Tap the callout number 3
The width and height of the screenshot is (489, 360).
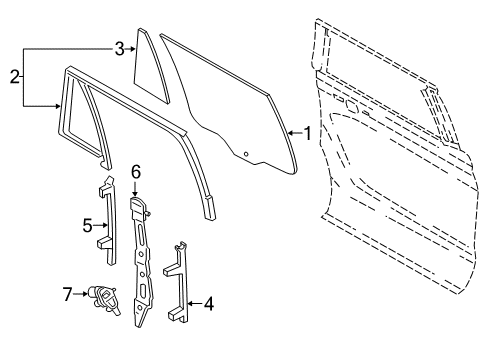(118, 48)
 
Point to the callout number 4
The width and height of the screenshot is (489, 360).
(209, 302)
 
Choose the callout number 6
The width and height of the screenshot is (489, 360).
(135, 172)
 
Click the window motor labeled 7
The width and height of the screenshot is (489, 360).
(104, 297)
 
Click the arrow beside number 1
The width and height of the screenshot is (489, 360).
(293, 132)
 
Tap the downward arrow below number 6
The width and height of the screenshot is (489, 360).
(135, 187)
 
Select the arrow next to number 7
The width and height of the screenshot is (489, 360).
(81, 294)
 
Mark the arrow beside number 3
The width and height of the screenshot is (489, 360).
(130, 48)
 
